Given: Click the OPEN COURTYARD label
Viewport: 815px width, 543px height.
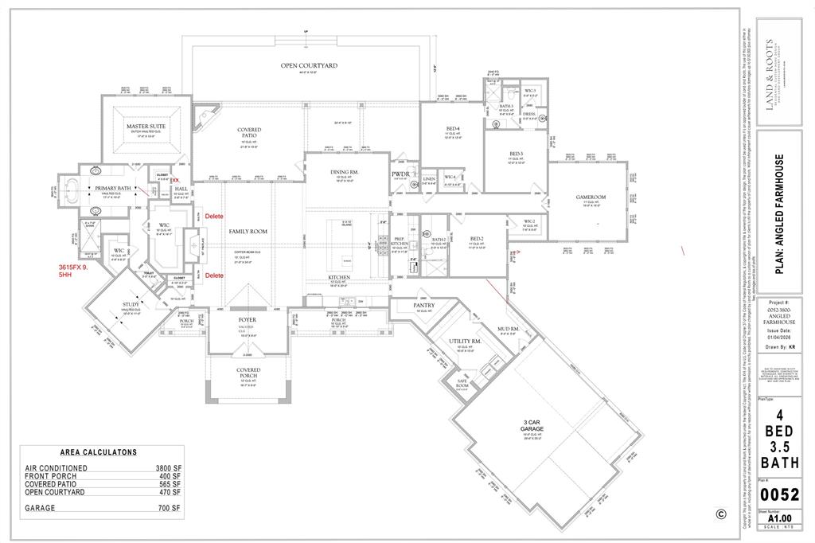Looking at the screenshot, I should click(309, 65).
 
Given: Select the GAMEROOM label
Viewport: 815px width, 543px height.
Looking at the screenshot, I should click(591, 197).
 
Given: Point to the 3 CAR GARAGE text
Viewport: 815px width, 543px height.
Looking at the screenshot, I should click(532, 425).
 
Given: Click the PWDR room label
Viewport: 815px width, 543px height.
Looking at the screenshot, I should click(400, 174).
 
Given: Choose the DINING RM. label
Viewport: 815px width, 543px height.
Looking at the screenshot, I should click(346, 172).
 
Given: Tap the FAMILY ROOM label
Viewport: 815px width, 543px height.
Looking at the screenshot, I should click(247, 232).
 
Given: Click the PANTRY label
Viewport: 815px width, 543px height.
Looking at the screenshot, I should click(423, 305).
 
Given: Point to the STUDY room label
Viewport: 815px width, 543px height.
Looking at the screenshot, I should click(131, 305).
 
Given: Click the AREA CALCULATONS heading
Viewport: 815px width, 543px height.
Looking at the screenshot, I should click(99, 452).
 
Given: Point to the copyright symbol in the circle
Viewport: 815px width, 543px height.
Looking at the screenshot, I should click(721, 514).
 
